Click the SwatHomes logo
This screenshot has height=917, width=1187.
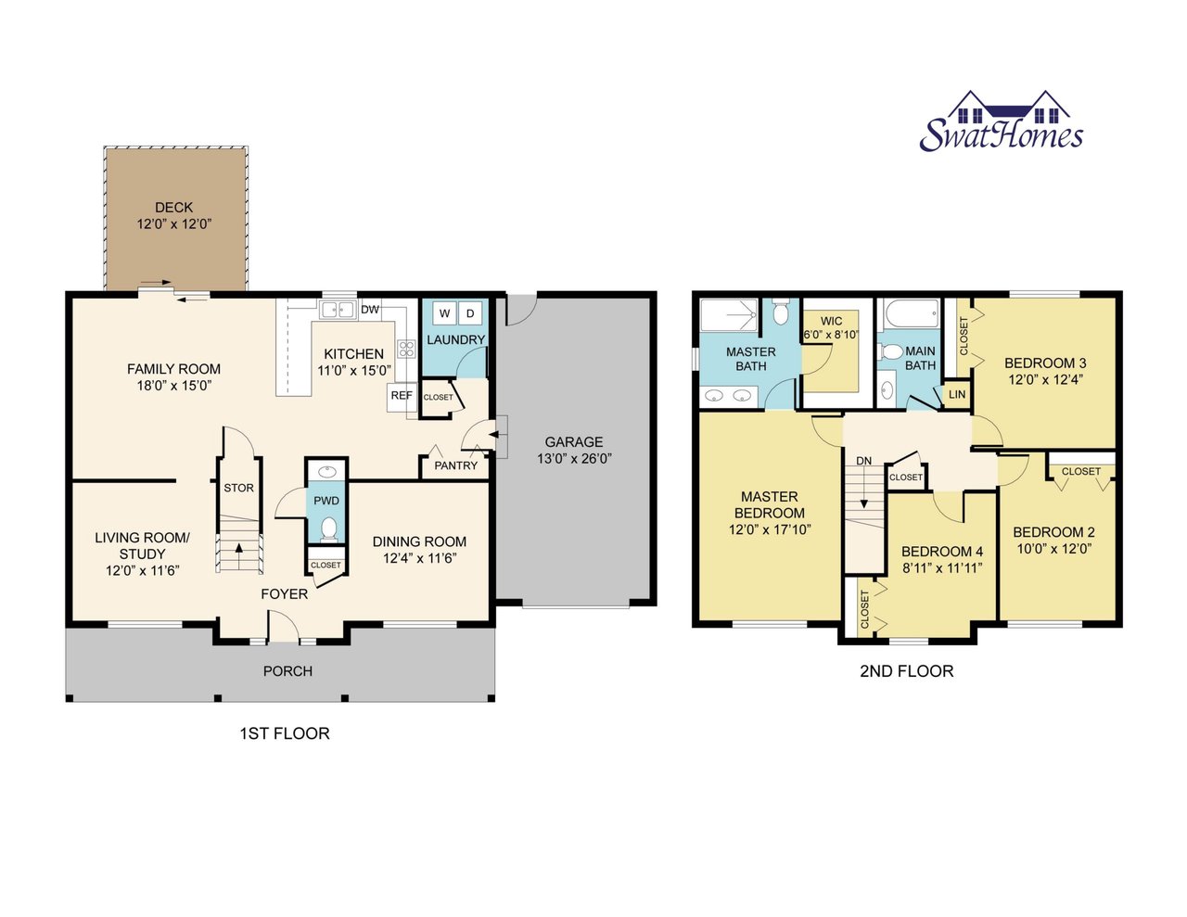1001,123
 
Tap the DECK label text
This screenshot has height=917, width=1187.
173,208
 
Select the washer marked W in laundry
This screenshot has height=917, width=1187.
444,313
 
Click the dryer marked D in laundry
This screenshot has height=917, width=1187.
470,313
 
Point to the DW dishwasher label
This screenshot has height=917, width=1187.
370,310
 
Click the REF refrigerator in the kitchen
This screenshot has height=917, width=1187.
401,396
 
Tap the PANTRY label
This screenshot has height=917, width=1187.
455,465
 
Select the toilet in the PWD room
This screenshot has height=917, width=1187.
327,529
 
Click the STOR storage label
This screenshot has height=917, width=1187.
238,488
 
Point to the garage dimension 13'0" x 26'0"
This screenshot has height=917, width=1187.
574,459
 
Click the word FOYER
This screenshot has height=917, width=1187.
284,594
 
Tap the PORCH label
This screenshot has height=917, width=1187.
287,671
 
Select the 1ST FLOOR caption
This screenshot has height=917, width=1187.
285,733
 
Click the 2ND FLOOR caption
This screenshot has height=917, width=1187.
906,671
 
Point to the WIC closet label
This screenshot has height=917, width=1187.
831,322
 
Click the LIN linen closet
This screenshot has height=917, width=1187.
957,395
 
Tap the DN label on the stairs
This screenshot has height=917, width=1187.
863,461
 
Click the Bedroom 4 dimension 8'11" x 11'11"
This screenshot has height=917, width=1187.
942,568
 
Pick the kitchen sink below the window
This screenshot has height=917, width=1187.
337,310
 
